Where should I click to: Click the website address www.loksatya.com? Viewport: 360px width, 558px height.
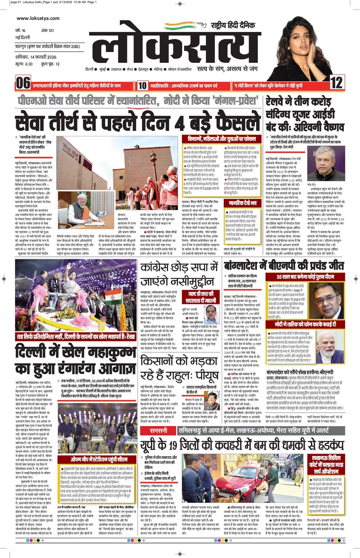38,18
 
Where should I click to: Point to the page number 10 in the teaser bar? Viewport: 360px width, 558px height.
142,85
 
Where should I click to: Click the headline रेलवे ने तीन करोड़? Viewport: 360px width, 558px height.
294,102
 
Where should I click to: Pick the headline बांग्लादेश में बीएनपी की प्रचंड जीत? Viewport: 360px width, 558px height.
284,265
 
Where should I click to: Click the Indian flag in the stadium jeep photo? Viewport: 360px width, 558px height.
114,298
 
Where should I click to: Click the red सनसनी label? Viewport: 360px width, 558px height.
158,430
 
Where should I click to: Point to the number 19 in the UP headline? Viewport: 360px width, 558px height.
173,445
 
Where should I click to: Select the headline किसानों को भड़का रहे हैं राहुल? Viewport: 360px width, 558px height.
179,368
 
